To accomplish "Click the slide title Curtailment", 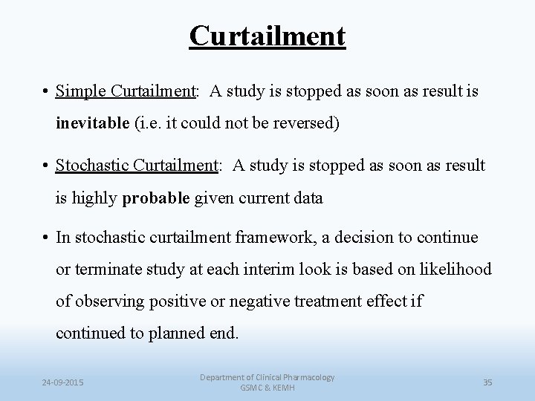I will click(267, 35).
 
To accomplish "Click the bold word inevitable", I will click(92, 123).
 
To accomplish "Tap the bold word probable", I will click(154, 198).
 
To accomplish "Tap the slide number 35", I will click(487, 382).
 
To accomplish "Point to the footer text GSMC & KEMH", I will click(267, 388).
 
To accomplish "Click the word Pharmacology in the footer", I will click(305, 377).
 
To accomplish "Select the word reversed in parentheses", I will click(304, 123).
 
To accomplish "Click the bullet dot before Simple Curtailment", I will click(47, 92).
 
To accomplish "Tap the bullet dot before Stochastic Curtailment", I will click(47, 166).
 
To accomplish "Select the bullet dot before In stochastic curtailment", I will click(47, 238).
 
